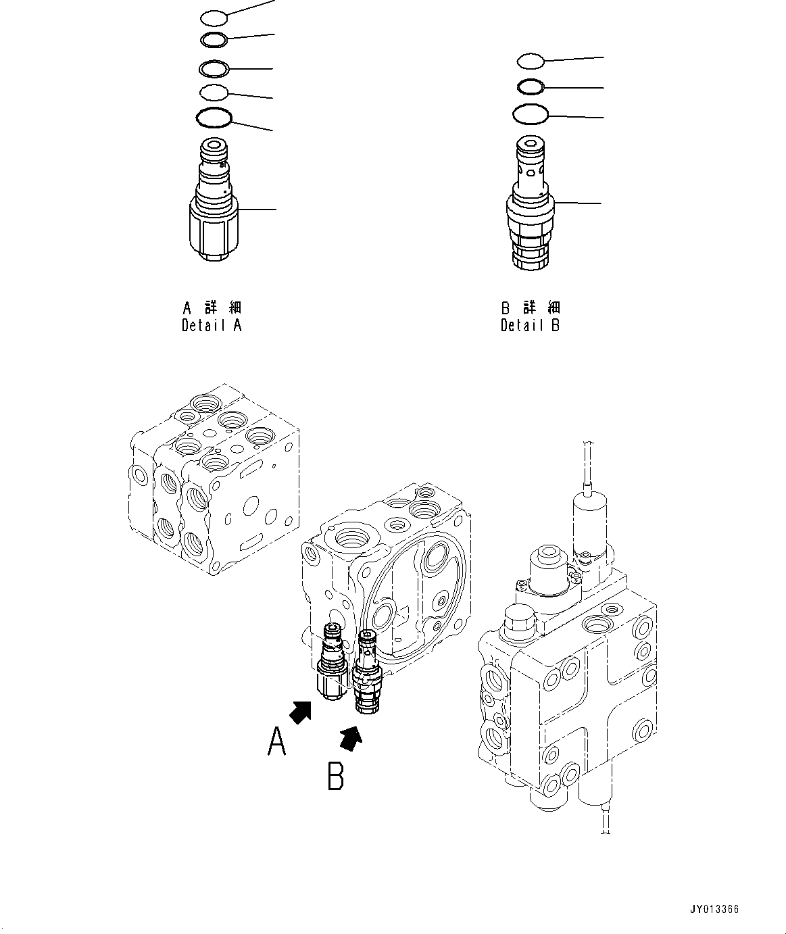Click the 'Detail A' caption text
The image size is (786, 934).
[x=212, y=325]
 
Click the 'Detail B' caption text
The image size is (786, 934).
[x=530, y=325]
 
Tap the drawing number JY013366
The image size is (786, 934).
[x=714, y=909]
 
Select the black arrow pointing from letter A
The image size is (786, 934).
[x=300, y=712]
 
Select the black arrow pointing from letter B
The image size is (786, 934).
[x=351, y=737]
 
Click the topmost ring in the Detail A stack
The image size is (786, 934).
[x=214, y=17]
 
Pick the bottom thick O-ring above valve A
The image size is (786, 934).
[x=214, y=118]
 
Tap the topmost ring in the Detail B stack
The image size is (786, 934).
[x=531, y=62]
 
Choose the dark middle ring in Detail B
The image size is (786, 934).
[x=531, y=87]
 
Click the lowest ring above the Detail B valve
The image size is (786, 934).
[x=530, y=114]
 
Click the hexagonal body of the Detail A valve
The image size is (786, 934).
[x=212, y=230]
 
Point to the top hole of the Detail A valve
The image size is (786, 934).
[x=214, y=145]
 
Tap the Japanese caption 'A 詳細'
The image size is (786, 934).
[x=212, y=308]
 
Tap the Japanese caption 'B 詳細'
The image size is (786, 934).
[x=530, y=308]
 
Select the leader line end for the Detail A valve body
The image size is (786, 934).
[x=275, y=210]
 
